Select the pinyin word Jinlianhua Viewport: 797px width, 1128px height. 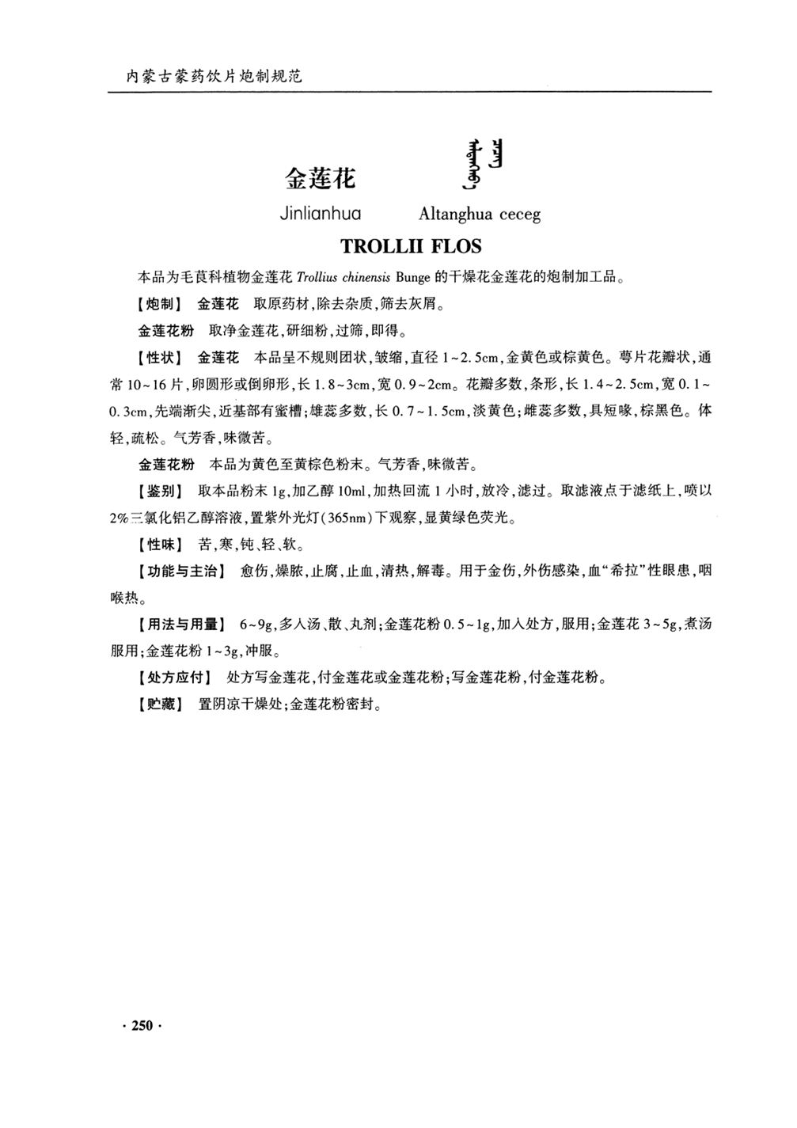[320, 214]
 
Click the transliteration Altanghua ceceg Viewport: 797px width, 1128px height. [479, 215]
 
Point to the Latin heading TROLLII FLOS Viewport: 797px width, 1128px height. [410, 246]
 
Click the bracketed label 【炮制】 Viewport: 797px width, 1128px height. [159, 304]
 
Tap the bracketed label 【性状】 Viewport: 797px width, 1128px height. [159, 357]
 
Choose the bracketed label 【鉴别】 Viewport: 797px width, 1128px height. [159, 491]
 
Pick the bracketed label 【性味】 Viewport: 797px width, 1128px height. [159, 545]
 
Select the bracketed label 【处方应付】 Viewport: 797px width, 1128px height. [174, 678]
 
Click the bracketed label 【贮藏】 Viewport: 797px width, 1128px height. [159, 704]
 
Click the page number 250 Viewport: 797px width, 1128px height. [142, 1026]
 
